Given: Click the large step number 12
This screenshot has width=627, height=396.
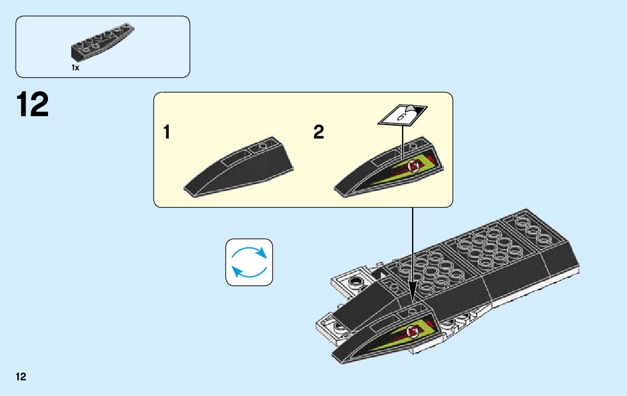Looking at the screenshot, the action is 32,106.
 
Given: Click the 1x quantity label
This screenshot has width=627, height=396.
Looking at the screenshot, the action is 75,67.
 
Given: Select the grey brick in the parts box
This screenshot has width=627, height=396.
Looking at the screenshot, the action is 103,42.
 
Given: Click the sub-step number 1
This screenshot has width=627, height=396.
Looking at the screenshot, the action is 166,133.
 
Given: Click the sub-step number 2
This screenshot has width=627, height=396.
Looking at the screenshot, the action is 318,133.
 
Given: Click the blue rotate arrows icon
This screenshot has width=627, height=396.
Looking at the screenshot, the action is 249,263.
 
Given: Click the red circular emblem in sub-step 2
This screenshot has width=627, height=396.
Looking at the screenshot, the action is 414,165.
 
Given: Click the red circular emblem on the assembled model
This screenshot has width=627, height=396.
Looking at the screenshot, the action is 414,333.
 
